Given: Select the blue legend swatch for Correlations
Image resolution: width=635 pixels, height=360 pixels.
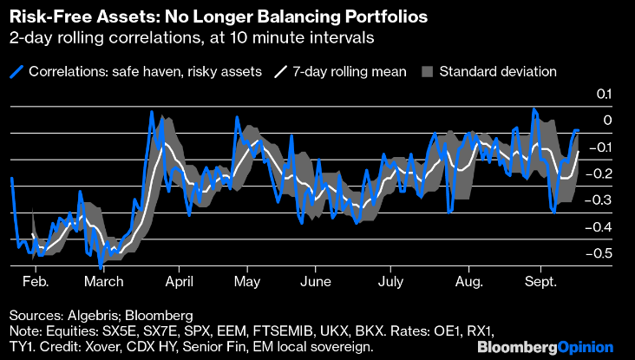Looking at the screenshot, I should (17, 72).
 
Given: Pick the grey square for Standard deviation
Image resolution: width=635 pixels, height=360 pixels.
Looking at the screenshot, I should (426, 72).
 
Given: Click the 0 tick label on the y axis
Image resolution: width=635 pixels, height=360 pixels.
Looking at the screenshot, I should (607, 121).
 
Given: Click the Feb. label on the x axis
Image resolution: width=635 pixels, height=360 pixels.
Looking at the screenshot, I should (36, 282).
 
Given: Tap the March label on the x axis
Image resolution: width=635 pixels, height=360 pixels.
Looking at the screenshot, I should (104, 282).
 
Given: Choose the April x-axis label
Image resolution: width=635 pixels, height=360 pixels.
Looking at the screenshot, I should (178, 282).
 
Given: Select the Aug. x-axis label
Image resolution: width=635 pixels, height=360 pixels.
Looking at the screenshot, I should (469, 282).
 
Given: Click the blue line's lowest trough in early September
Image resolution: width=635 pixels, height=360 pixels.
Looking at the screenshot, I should (553, 211).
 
